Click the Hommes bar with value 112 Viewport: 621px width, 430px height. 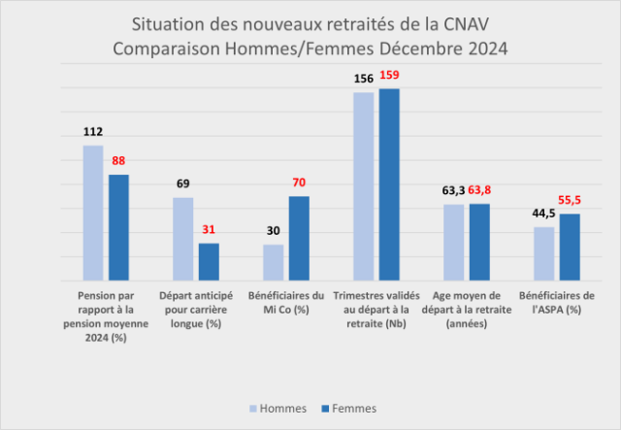click(93, 213)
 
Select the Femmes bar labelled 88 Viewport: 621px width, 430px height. click(118, 227)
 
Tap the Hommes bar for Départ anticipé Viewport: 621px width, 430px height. click(182, 239)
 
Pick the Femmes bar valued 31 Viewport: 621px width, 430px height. click(209, 261)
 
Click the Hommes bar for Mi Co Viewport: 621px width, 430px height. click(274, 262)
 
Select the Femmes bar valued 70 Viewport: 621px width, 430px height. click(299, 238)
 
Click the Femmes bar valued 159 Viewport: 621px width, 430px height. click(389, 184)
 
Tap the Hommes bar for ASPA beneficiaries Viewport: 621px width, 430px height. click(544, 253)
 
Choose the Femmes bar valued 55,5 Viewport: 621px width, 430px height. click(570, 247)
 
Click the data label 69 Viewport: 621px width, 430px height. click(182, 183)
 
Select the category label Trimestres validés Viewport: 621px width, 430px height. click(376, 309)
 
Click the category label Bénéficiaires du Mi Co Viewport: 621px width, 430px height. click(286, 302)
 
